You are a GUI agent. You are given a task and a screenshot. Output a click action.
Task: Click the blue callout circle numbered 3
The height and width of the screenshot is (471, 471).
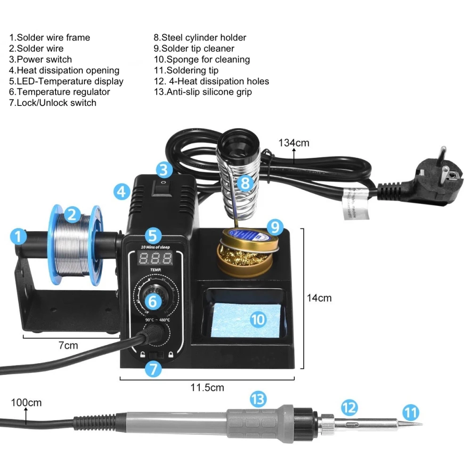(x=163, y=170)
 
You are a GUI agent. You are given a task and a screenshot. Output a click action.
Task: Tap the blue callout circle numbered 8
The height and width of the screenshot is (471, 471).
(x=245, y=182)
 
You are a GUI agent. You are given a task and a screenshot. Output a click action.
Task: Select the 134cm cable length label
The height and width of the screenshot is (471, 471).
(x=294, y=143)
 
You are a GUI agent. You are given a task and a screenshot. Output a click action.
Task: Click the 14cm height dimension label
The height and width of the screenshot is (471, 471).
(x=319, y=298)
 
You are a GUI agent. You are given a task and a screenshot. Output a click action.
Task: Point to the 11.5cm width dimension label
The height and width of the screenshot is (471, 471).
(x=207, y=388)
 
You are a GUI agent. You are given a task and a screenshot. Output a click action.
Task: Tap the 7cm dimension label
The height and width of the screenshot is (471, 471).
(x=68, y=345)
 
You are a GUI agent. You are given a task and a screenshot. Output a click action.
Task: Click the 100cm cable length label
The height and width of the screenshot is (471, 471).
(x=26, y=403)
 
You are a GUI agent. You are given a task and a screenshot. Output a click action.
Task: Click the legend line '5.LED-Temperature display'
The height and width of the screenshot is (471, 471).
(x=66, y=81)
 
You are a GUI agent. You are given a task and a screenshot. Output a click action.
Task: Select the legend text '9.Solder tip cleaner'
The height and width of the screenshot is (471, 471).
(x=194, y=48)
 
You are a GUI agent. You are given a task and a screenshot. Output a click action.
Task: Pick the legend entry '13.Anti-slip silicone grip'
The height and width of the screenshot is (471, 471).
(x=203, y=92)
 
